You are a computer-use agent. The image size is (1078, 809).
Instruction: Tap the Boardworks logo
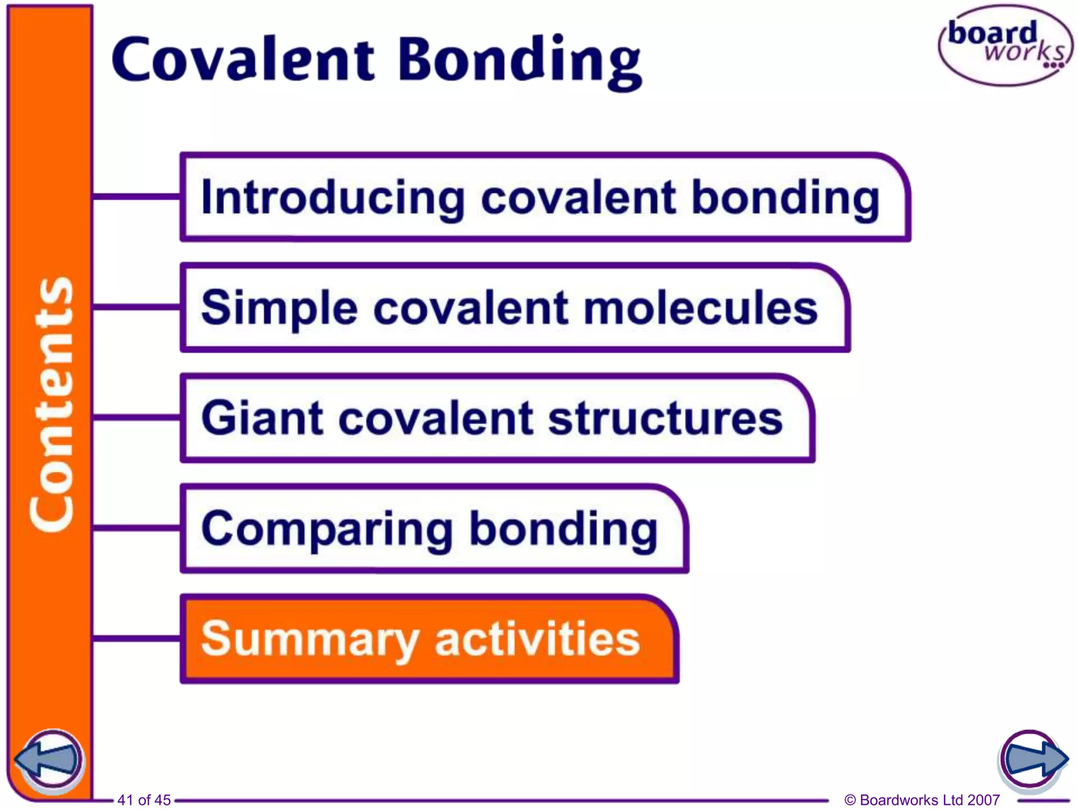[x=1005, y=45]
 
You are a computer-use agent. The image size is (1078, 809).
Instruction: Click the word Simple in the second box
[x=280, y=308]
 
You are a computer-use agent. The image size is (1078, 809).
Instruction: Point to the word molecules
[x=701, y=308]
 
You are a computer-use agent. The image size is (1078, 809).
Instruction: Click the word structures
[x=665, y=418]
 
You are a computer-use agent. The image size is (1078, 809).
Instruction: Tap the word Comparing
[x=326, y=529]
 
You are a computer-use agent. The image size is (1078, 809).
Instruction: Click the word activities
[x=537, y=638]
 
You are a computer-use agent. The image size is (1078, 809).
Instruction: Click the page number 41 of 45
[x=144, y=800]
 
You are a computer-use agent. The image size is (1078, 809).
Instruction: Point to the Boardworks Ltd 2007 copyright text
[x=922, y=800]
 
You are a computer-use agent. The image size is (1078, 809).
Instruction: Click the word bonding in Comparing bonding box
[x=563, y=529]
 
